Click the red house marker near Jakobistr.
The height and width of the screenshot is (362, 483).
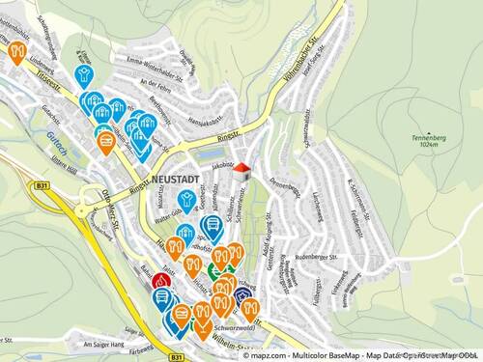241,170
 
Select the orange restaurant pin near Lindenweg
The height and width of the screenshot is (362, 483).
16,51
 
